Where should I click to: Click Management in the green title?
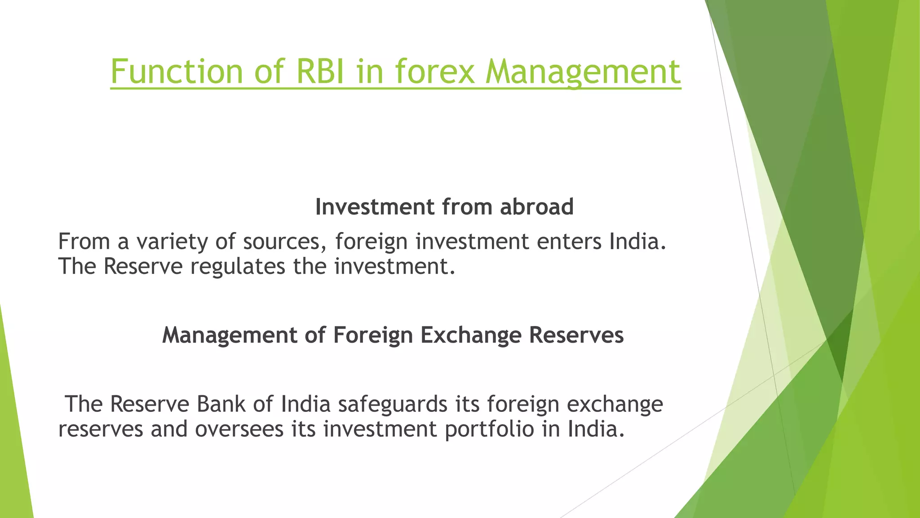(x=583, y=72)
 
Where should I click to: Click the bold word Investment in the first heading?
(x=375, y=207)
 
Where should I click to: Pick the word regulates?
(x=238, y=266)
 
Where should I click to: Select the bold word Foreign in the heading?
(x=372, y=335)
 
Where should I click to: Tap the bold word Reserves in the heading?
(x=576, y=335)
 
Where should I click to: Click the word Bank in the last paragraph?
(x=221, y=404)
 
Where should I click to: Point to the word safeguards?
(x=393, y=405)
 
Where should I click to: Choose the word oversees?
(x=239, y=429)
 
